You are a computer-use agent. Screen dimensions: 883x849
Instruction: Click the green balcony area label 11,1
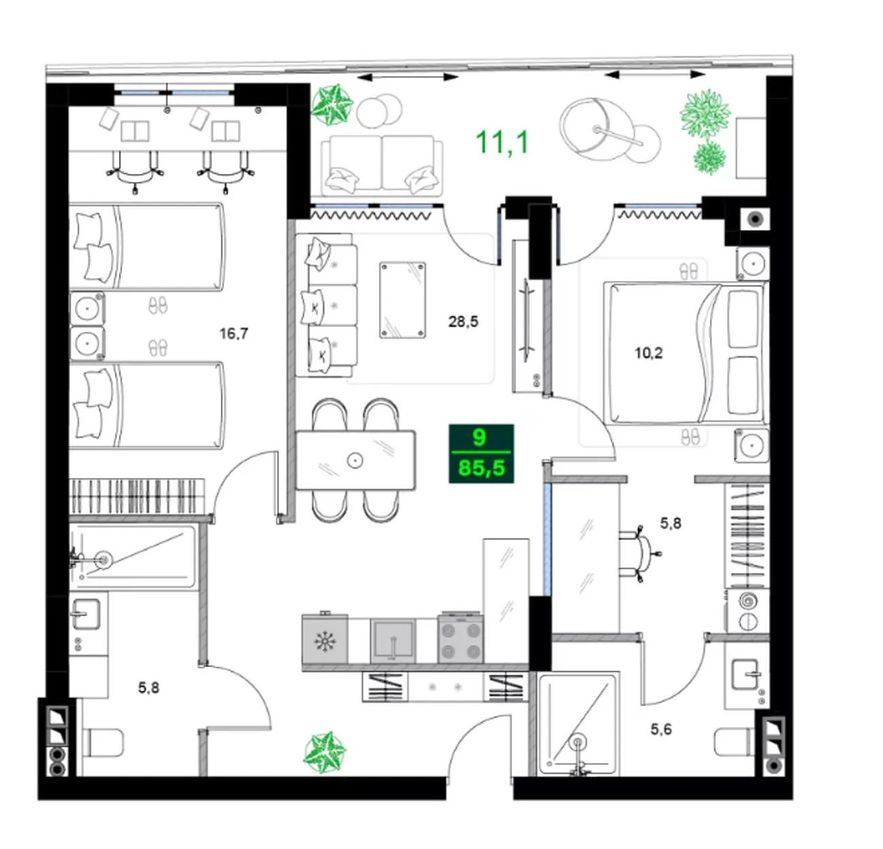(x=502, y=142)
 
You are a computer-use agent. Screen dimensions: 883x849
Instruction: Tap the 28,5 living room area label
(x=463, y=322)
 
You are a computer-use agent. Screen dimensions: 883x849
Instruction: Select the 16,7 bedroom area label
(x=234, y=334)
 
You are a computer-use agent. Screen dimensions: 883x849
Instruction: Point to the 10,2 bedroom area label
(x=649, y=353)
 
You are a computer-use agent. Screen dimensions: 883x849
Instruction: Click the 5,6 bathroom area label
(x=661, y=730)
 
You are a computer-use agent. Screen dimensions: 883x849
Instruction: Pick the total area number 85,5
(x=482, y=468)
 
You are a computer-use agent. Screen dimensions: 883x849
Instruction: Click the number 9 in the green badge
(x=480, y=438)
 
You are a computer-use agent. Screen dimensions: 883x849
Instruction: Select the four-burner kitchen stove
(x=460, y=638)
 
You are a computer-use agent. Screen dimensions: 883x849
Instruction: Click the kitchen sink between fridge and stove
(x=393, y=641)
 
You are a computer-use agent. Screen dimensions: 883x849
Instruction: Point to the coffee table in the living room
(x=403, y=299)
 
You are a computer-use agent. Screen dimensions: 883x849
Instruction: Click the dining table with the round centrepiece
(x=355, y=460)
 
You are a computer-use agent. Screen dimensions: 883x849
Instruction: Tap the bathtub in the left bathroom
(x=134, y=556)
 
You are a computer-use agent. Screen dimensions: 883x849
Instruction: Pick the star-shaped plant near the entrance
(x=325, y=753)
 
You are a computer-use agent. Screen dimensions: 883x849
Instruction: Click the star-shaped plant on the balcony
(x=332, y=105)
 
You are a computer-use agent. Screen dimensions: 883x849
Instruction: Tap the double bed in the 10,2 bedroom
(x=685, y=353)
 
